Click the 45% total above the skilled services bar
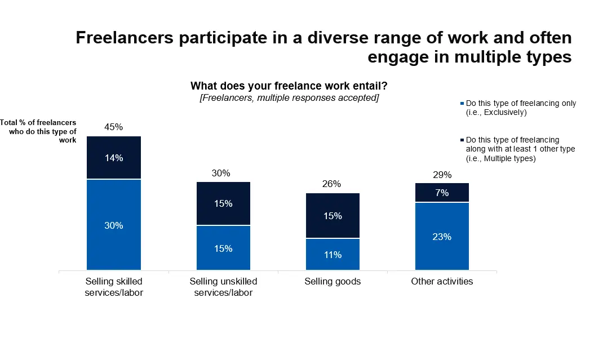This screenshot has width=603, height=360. click(114, 127)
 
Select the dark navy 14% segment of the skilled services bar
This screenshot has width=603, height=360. click(114, 158)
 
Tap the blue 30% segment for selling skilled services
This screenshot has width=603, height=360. click(114, 225)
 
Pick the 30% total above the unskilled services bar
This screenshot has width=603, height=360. click(223, 174)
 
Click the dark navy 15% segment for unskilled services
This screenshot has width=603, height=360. click(223, 203)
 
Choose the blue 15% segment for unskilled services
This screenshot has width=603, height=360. click(223, 248)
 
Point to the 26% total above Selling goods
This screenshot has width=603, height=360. click(332, 184)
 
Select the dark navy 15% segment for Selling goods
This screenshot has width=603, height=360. click(332, 216)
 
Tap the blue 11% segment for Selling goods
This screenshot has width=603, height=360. click(332, 255)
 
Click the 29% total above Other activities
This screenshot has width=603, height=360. click(442, 175)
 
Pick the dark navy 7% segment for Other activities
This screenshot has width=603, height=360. click(442, 193)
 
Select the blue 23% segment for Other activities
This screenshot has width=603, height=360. click(442, 237)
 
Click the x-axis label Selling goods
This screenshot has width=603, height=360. click(332, 281)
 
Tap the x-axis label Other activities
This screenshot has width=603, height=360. click(442, 281)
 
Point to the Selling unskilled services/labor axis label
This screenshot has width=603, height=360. click(223, 287)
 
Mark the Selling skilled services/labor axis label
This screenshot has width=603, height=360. click(114, 287)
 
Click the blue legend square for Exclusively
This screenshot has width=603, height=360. click(463, 104)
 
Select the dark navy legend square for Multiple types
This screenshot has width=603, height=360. click(463, 140)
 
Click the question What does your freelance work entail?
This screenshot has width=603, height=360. click(289, 86)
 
